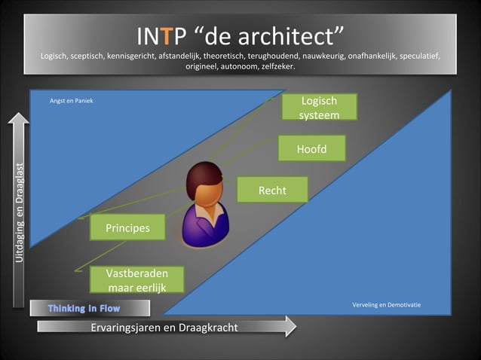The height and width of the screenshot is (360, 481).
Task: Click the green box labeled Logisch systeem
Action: pos(319,108)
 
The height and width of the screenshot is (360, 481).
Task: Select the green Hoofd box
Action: pos(311,149)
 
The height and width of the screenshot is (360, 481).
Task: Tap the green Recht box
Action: pos(272,191)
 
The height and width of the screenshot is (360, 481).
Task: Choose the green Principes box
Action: pos(127,227)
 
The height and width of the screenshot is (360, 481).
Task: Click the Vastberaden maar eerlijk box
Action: pos(136,279)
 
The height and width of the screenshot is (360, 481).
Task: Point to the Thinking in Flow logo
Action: pos(84,308)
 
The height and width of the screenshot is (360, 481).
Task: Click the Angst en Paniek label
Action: pos(71,100)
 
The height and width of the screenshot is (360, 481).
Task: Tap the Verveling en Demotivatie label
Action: pos(386,305)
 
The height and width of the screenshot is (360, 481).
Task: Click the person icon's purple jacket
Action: pos(204,226)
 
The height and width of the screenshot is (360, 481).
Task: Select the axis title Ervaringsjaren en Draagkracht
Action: pos(164,327)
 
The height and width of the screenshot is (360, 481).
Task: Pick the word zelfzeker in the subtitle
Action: pos(277,66)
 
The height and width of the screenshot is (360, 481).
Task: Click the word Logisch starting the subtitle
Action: pos(57,56)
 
